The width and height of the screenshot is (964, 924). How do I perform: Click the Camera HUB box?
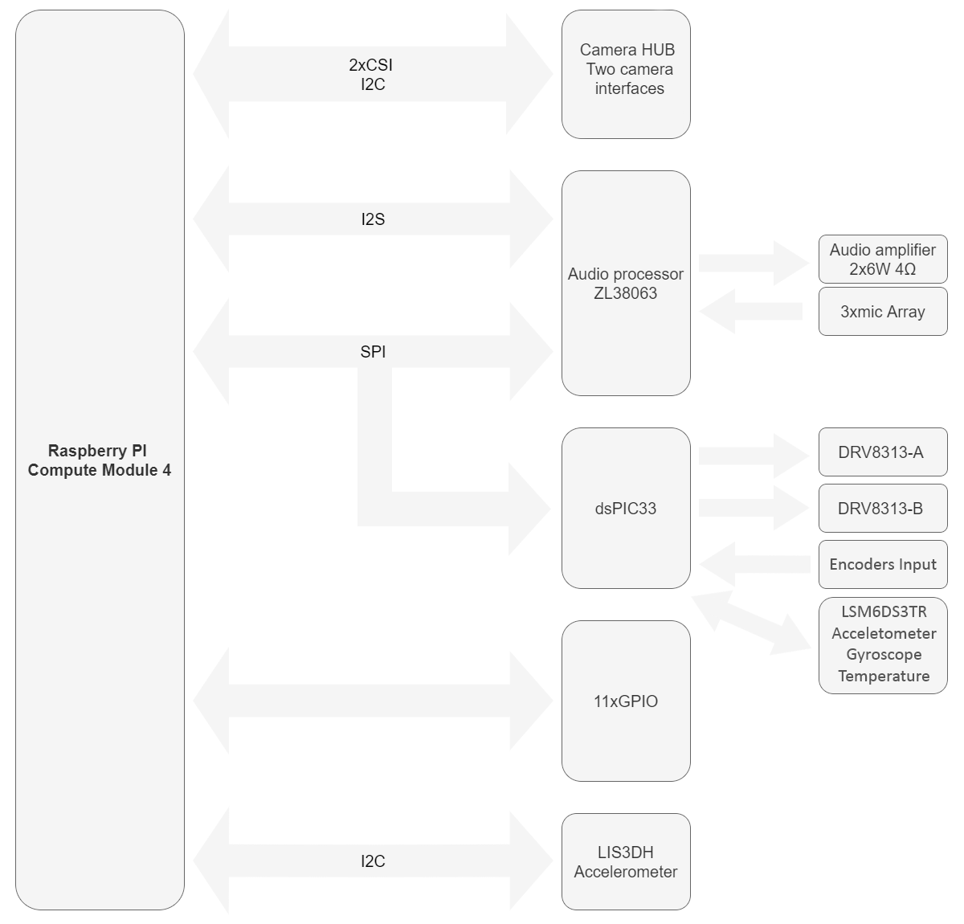(626, 74)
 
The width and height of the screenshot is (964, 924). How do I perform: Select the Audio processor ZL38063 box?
(626, 283)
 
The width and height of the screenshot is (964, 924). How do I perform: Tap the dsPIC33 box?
(626, 509)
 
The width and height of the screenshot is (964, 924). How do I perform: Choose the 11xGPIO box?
(626, 701)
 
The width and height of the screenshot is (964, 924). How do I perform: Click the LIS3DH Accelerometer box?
(626, 861)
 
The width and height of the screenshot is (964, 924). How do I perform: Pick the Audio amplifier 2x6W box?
(883, 259)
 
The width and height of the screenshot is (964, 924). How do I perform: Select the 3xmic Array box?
(883, 312)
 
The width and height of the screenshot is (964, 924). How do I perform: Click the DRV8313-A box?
(883, 452)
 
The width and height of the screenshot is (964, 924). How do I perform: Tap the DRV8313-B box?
(883, 509)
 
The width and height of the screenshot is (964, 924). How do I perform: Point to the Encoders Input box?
(883, 564)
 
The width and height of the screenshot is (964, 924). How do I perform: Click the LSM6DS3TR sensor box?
(883, 645)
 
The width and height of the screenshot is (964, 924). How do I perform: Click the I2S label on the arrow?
(373, 219)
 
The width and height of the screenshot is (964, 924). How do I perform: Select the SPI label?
(373, 352)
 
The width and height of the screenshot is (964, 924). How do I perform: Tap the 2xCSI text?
(370, 65)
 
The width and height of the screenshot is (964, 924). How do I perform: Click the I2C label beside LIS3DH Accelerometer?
(373, 861)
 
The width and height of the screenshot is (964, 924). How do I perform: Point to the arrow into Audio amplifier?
(754, 263)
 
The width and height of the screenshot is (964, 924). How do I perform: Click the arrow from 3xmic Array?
(750, 312)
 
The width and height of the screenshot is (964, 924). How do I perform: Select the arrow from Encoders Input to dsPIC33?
(754, 564)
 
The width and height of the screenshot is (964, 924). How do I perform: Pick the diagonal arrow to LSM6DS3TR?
(751, 623)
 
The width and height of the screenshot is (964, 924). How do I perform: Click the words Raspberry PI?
(97, 451)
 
